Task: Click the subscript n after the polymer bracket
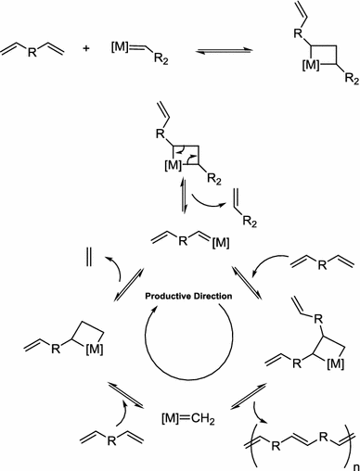coord(350,460)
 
